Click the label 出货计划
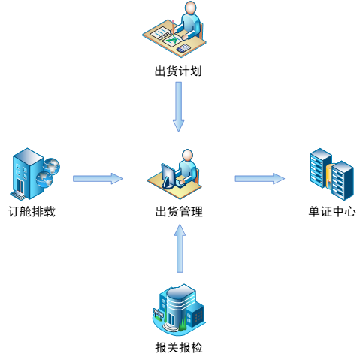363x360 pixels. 178,71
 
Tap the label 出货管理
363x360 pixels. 179,212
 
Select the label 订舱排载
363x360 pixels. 32,212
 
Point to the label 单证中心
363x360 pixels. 332,212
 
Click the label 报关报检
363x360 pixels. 179,347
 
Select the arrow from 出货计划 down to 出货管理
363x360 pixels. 179,107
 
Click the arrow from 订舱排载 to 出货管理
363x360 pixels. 98,179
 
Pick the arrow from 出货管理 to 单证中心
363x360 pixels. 260,179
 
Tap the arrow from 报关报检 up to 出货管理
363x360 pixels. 180,248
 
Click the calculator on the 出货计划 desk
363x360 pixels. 183,48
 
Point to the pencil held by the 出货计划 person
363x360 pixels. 173,27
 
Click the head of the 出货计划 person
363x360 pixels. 191,8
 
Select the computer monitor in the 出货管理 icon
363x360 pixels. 168,176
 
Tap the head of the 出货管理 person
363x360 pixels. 187,156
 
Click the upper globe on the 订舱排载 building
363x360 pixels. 51,165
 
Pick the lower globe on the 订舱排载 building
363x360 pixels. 44,179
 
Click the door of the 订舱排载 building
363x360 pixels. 20,186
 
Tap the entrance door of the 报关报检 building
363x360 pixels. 171,319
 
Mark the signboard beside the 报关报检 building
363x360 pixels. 159,313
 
